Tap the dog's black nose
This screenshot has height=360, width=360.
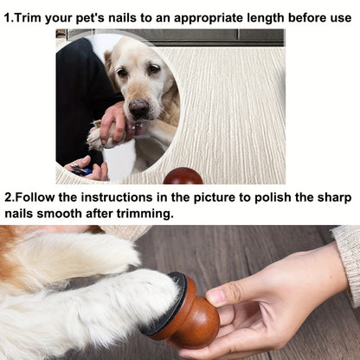click(138, 107)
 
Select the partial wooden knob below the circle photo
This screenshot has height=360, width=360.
click(183, 177)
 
